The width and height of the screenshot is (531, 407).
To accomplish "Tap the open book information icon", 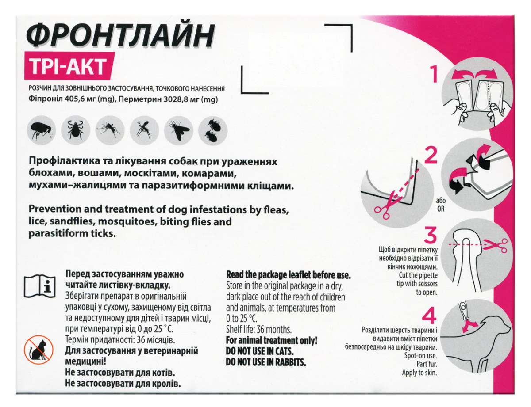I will (x=39, y=285).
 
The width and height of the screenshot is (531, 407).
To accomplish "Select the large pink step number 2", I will (x=430, y=156).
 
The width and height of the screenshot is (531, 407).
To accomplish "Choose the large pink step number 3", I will (x=430, y=237).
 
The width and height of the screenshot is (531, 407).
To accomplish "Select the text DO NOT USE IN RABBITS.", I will (x=266, y=362).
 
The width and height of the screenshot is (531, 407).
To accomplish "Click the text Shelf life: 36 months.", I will (x=259, y=329).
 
